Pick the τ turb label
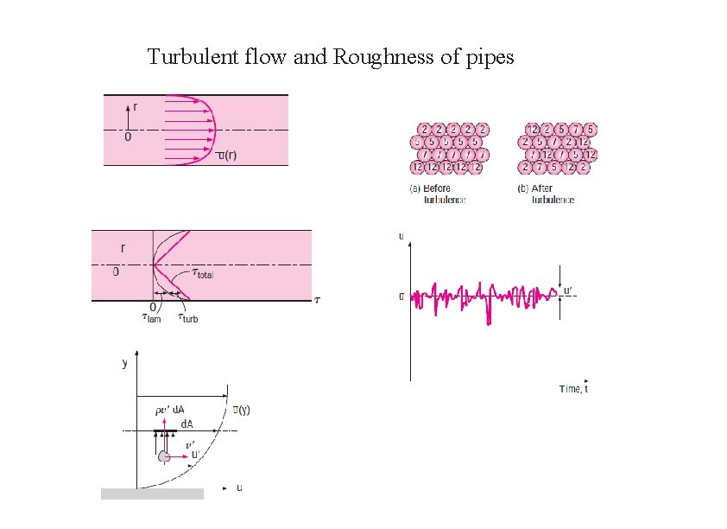click(x=187, y=318)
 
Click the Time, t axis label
click(x=573, y=389)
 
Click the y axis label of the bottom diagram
click(x=125, y=364)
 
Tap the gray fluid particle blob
click(x=163, y=456)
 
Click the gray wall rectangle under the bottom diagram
click(x=152, y=494)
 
